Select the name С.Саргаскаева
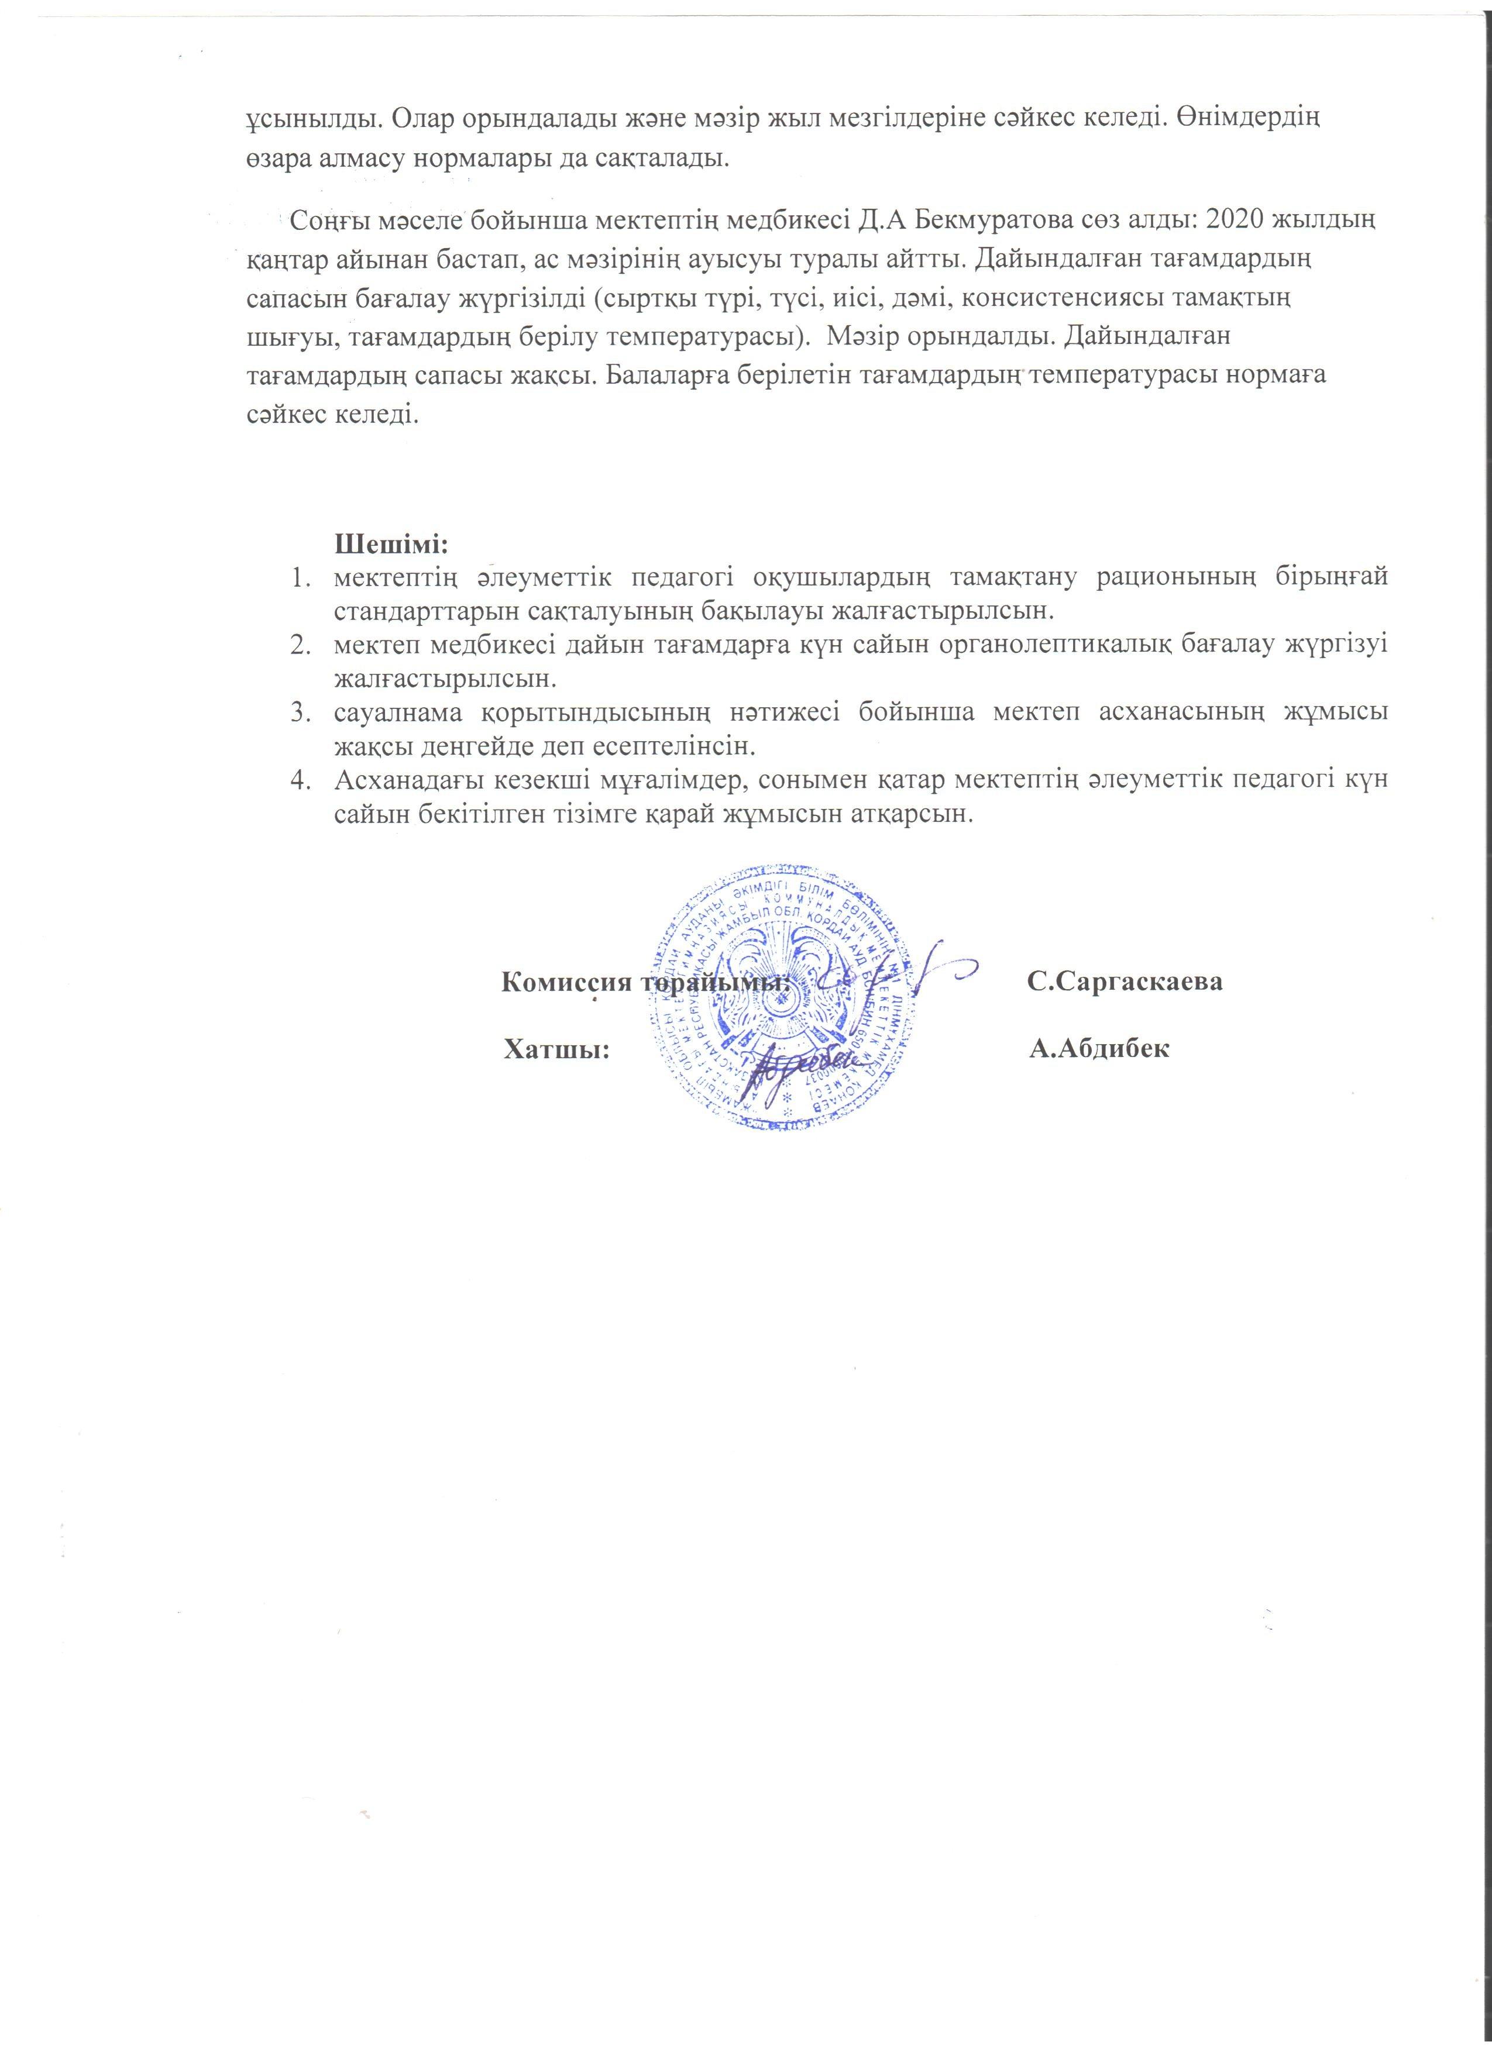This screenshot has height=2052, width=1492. point(1126,983)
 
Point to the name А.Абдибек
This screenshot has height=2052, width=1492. point(1100,1049)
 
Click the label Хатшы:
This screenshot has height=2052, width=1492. point(555,1049)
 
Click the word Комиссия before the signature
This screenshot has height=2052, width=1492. point(568,983)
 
